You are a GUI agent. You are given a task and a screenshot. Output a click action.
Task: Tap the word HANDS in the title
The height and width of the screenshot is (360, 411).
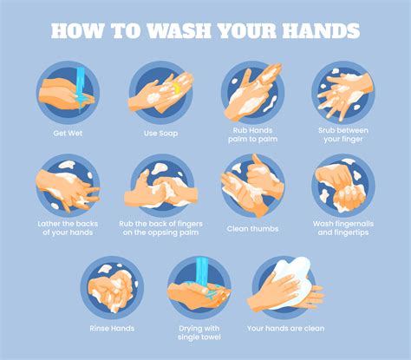(x=316, y=30)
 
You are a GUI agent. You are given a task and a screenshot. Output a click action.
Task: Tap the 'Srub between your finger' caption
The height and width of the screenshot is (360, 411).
(x=344, y=138)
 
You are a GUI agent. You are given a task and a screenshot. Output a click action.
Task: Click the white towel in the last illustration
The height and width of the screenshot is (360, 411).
(x=293, y=276)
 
